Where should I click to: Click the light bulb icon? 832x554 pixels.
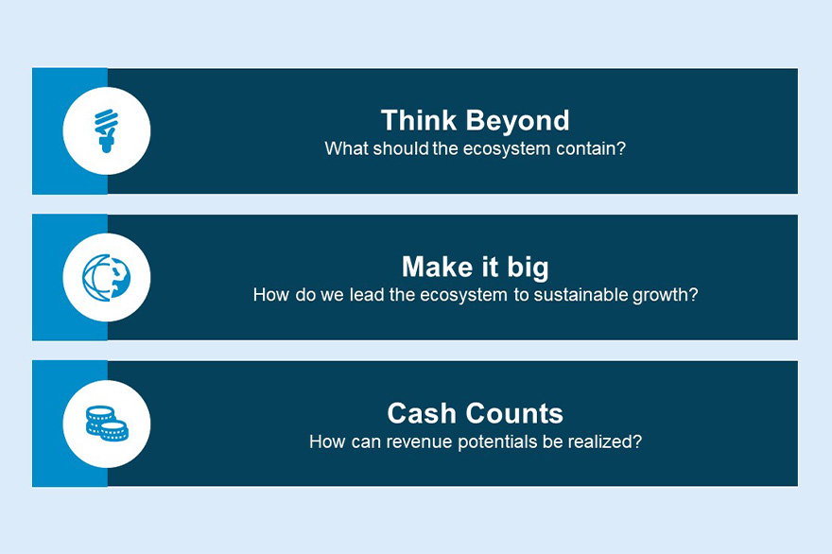[106, 130]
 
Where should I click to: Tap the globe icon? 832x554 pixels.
[107, 278]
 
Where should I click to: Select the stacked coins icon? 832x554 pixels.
[107, 424]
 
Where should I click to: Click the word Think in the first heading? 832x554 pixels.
[419, 120]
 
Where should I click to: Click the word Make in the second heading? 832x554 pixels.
[437, 267]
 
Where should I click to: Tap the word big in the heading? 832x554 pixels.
[528, 268]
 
